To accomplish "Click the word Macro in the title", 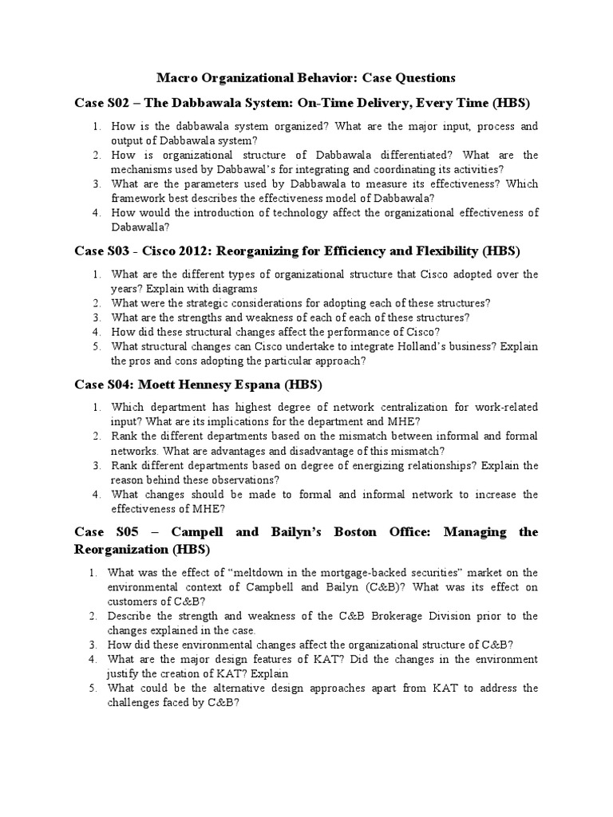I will (176, 77).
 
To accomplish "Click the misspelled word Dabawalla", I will (139, 227).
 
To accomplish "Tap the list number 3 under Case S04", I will (95, 465).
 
